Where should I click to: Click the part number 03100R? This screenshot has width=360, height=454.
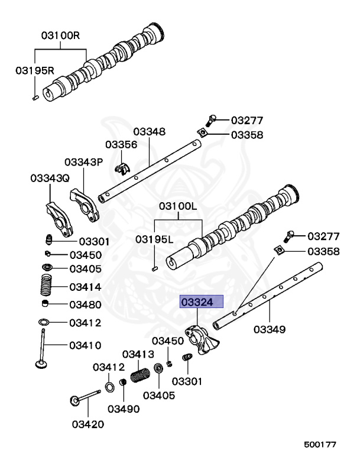[x=60, y=35]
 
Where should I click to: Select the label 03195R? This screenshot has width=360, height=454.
[x=34, y=70]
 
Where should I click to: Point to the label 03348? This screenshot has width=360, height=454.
[x=149, y=131]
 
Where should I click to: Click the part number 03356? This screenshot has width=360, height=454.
[x=122, y=145]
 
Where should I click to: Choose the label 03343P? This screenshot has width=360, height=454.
[x=84, y=162]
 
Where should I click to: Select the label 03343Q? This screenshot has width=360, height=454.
[x=50, y=177]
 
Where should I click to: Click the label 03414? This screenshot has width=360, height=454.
[x=85, y=287]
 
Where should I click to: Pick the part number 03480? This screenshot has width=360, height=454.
[x=85, y=304]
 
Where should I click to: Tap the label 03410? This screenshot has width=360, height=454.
[x=85, y=345]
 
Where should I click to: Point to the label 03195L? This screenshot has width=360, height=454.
[x=154, y=239]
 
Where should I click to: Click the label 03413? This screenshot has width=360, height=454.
[x=138, y=354]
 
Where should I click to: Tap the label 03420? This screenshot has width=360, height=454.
[x=88, y=423]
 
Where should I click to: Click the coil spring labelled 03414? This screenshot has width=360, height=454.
[x=46, y=286]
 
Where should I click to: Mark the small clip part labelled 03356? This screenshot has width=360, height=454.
[x=122, y=168]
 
